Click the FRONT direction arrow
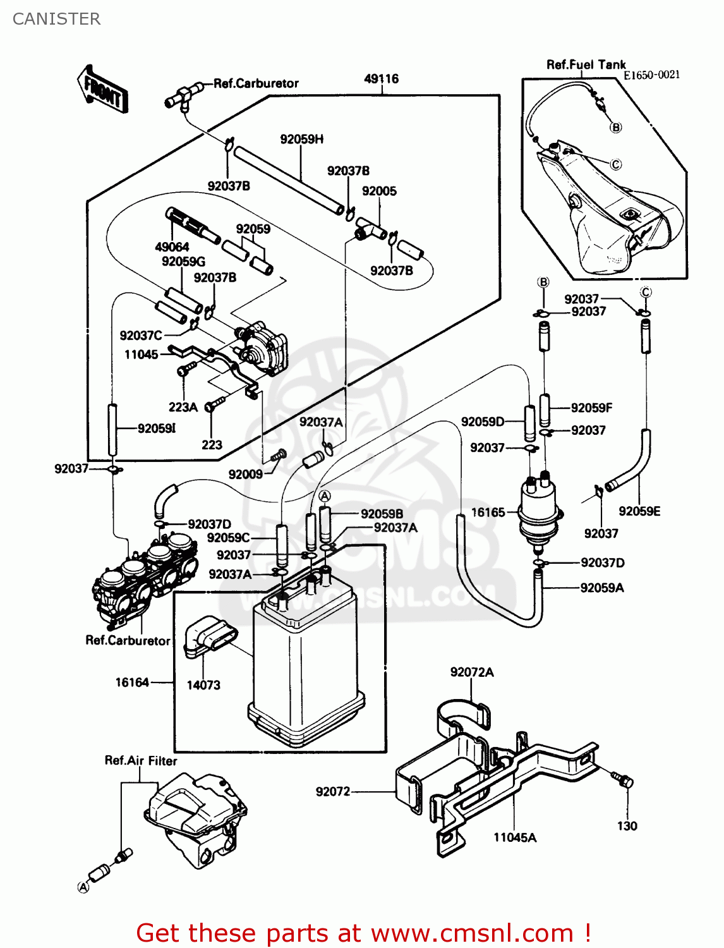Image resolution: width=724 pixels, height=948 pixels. pos(102,90)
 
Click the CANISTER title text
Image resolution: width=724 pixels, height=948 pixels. pos(56,19)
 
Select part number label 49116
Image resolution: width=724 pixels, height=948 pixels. pos(381,79)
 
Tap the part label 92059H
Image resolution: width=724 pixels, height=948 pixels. pos(301,139)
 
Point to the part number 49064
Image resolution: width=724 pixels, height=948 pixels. pos(172,247)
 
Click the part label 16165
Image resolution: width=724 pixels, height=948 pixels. pos(488,513)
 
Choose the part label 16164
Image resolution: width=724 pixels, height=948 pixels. pos(132,683)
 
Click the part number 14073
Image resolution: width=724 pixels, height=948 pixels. pos(203,685)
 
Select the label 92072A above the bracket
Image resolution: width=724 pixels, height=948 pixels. pos(471,672)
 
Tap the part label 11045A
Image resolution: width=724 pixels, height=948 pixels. pos(515,838)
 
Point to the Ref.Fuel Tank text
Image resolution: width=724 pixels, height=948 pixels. pos(586,64)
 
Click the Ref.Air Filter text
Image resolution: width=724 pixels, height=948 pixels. pos(141,761)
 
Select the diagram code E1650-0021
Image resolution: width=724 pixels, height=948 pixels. pos(651,75)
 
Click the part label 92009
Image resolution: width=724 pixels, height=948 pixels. pos(245,475)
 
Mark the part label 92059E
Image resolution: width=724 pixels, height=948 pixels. pos(639,511)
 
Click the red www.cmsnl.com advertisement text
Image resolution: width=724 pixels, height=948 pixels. pos(363,933)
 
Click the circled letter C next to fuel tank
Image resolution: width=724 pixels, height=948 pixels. pos(615,165)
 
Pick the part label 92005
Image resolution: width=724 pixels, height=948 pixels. pos(379,191)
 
